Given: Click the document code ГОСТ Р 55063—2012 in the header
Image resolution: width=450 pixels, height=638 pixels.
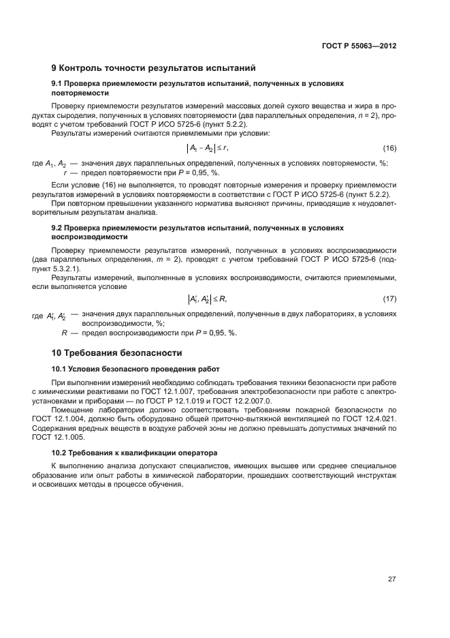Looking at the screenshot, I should click(x=359, y=46).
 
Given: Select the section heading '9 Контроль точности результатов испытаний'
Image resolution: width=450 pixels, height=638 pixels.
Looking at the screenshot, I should click(x=153, y=68).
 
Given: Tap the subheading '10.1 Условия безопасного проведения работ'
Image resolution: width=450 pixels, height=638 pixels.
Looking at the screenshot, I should click(x=136, y=369).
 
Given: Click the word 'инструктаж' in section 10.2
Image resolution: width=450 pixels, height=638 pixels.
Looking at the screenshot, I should click(x=373, y=475).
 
